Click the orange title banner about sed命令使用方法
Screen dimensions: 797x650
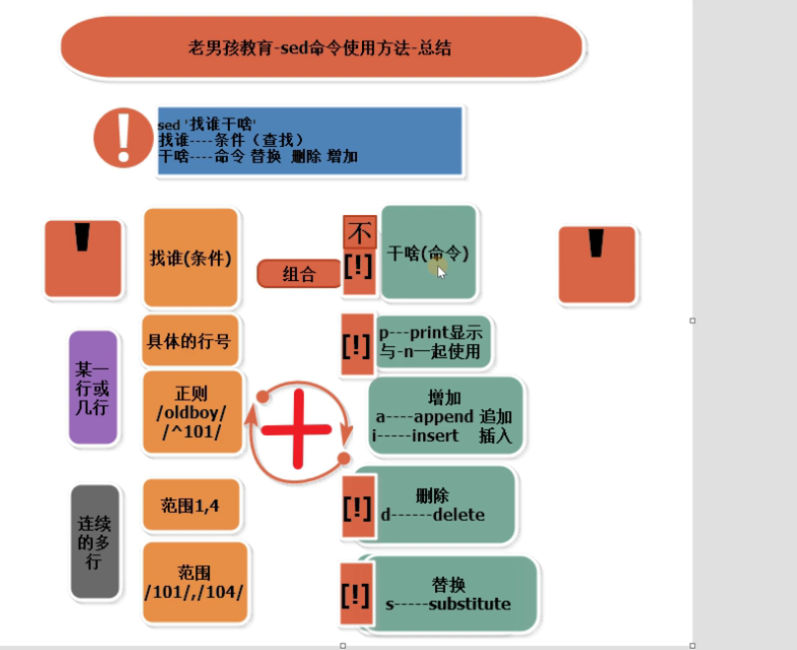[321, 47]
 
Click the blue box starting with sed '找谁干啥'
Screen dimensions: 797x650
[309, 141]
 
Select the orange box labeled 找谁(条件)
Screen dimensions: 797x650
[191, 258]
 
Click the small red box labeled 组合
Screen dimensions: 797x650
[298, 274]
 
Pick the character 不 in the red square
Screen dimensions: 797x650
[359, 234]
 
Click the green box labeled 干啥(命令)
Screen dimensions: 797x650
[429, 253]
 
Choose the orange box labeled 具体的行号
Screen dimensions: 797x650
[190, 341]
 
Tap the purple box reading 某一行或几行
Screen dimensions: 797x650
[93, 387]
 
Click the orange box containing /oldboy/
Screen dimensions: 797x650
[191, 412]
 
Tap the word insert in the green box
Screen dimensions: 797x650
[435, 435]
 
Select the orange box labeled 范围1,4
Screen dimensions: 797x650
[191, 505]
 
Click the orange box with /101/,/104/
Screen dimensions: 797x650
[192, 582]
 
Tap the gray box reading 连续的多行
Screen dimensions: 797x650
[95, 542]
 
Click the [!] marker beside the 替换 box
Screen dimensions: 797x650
[355, 595]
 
